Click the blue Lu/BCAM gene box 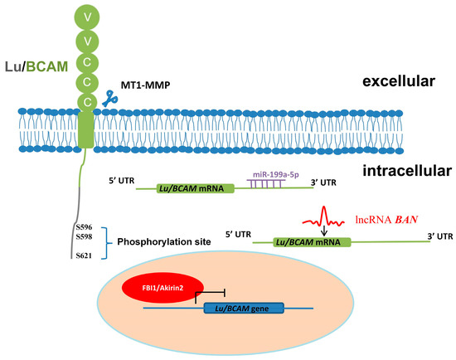click(242, 309)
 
